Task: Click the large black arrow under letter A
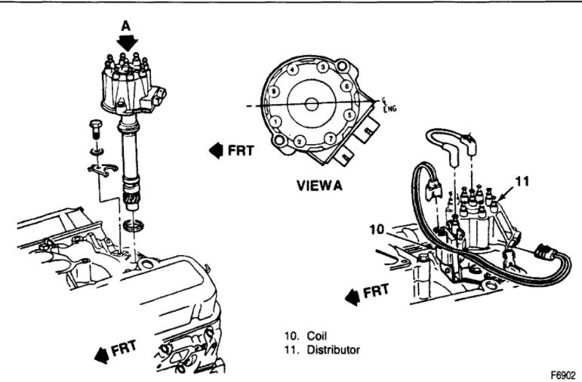127,42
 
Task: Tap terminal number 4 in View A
292,69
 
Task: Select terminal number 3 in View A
322,66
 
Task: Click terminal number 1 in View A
277,120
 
